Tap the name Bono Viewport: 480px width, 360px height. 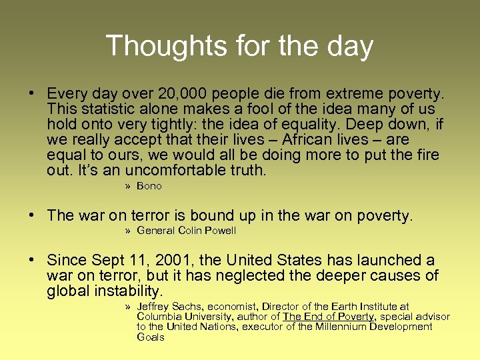click(149, 186)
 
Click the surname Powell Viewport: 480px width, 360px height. click(221, 231)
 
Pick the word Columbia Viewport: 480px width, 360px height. click(157, 317)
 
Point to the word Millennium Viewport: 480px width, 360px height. click(353, 327)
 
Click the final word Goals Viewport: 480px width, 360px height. click(150, 337)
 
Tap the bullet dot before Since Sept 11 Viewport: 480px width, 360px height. click(31, 260)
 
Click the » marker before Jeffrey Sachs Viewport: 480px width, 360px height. click(127, 307)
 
